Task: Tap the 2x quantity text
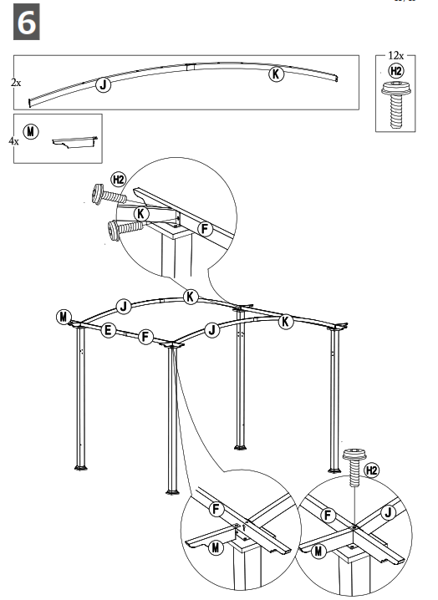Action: point(16,83)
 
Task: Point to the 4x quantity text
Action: point(13,142)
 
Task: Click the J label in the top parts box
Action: point(102,84)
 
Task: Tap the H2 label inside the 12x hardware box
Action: point(396,70)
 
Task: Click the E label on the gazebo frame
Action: point(108,331)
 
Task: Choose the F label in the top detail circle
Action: point(206,228)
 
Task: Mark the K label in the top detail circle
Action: point(142,214)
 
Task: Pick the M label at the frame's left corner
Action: point(64,315)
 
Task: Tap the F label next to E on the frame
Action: point(145,337)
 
